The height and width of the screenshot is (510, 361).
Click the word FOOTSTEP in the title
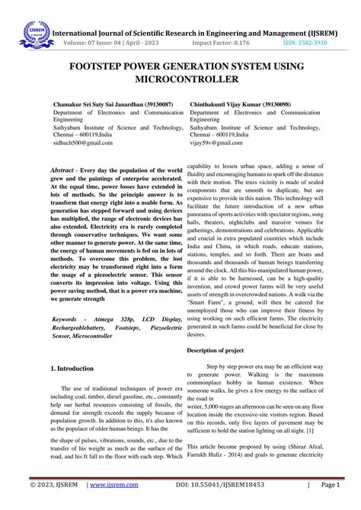point(97,66)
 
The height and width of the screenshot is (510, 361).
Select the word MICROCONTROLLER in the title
point(180,79)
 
